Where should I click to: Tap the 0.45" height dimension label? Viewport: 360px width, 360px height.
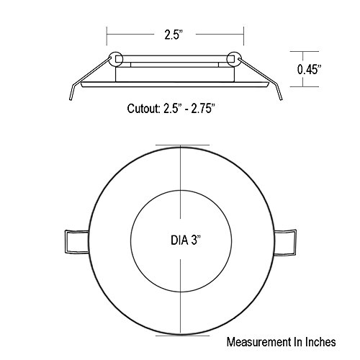tap(309, 69)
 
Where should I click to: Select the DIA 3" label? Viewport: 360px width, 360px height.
tap(186, 240)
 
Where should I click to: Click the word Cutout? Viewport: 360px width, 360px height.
tap(143, 109)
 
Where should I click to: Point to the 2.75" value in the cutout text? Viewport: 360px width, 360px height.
tap(202, 109)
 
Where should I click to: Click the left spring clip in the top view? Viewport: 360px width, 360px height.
tap(77, 241)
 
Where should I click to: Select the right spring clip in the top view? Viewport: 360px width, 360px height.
tap(285, 242)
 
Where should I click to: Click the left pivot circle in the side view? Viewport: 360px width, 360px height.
tap(116, 59)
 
